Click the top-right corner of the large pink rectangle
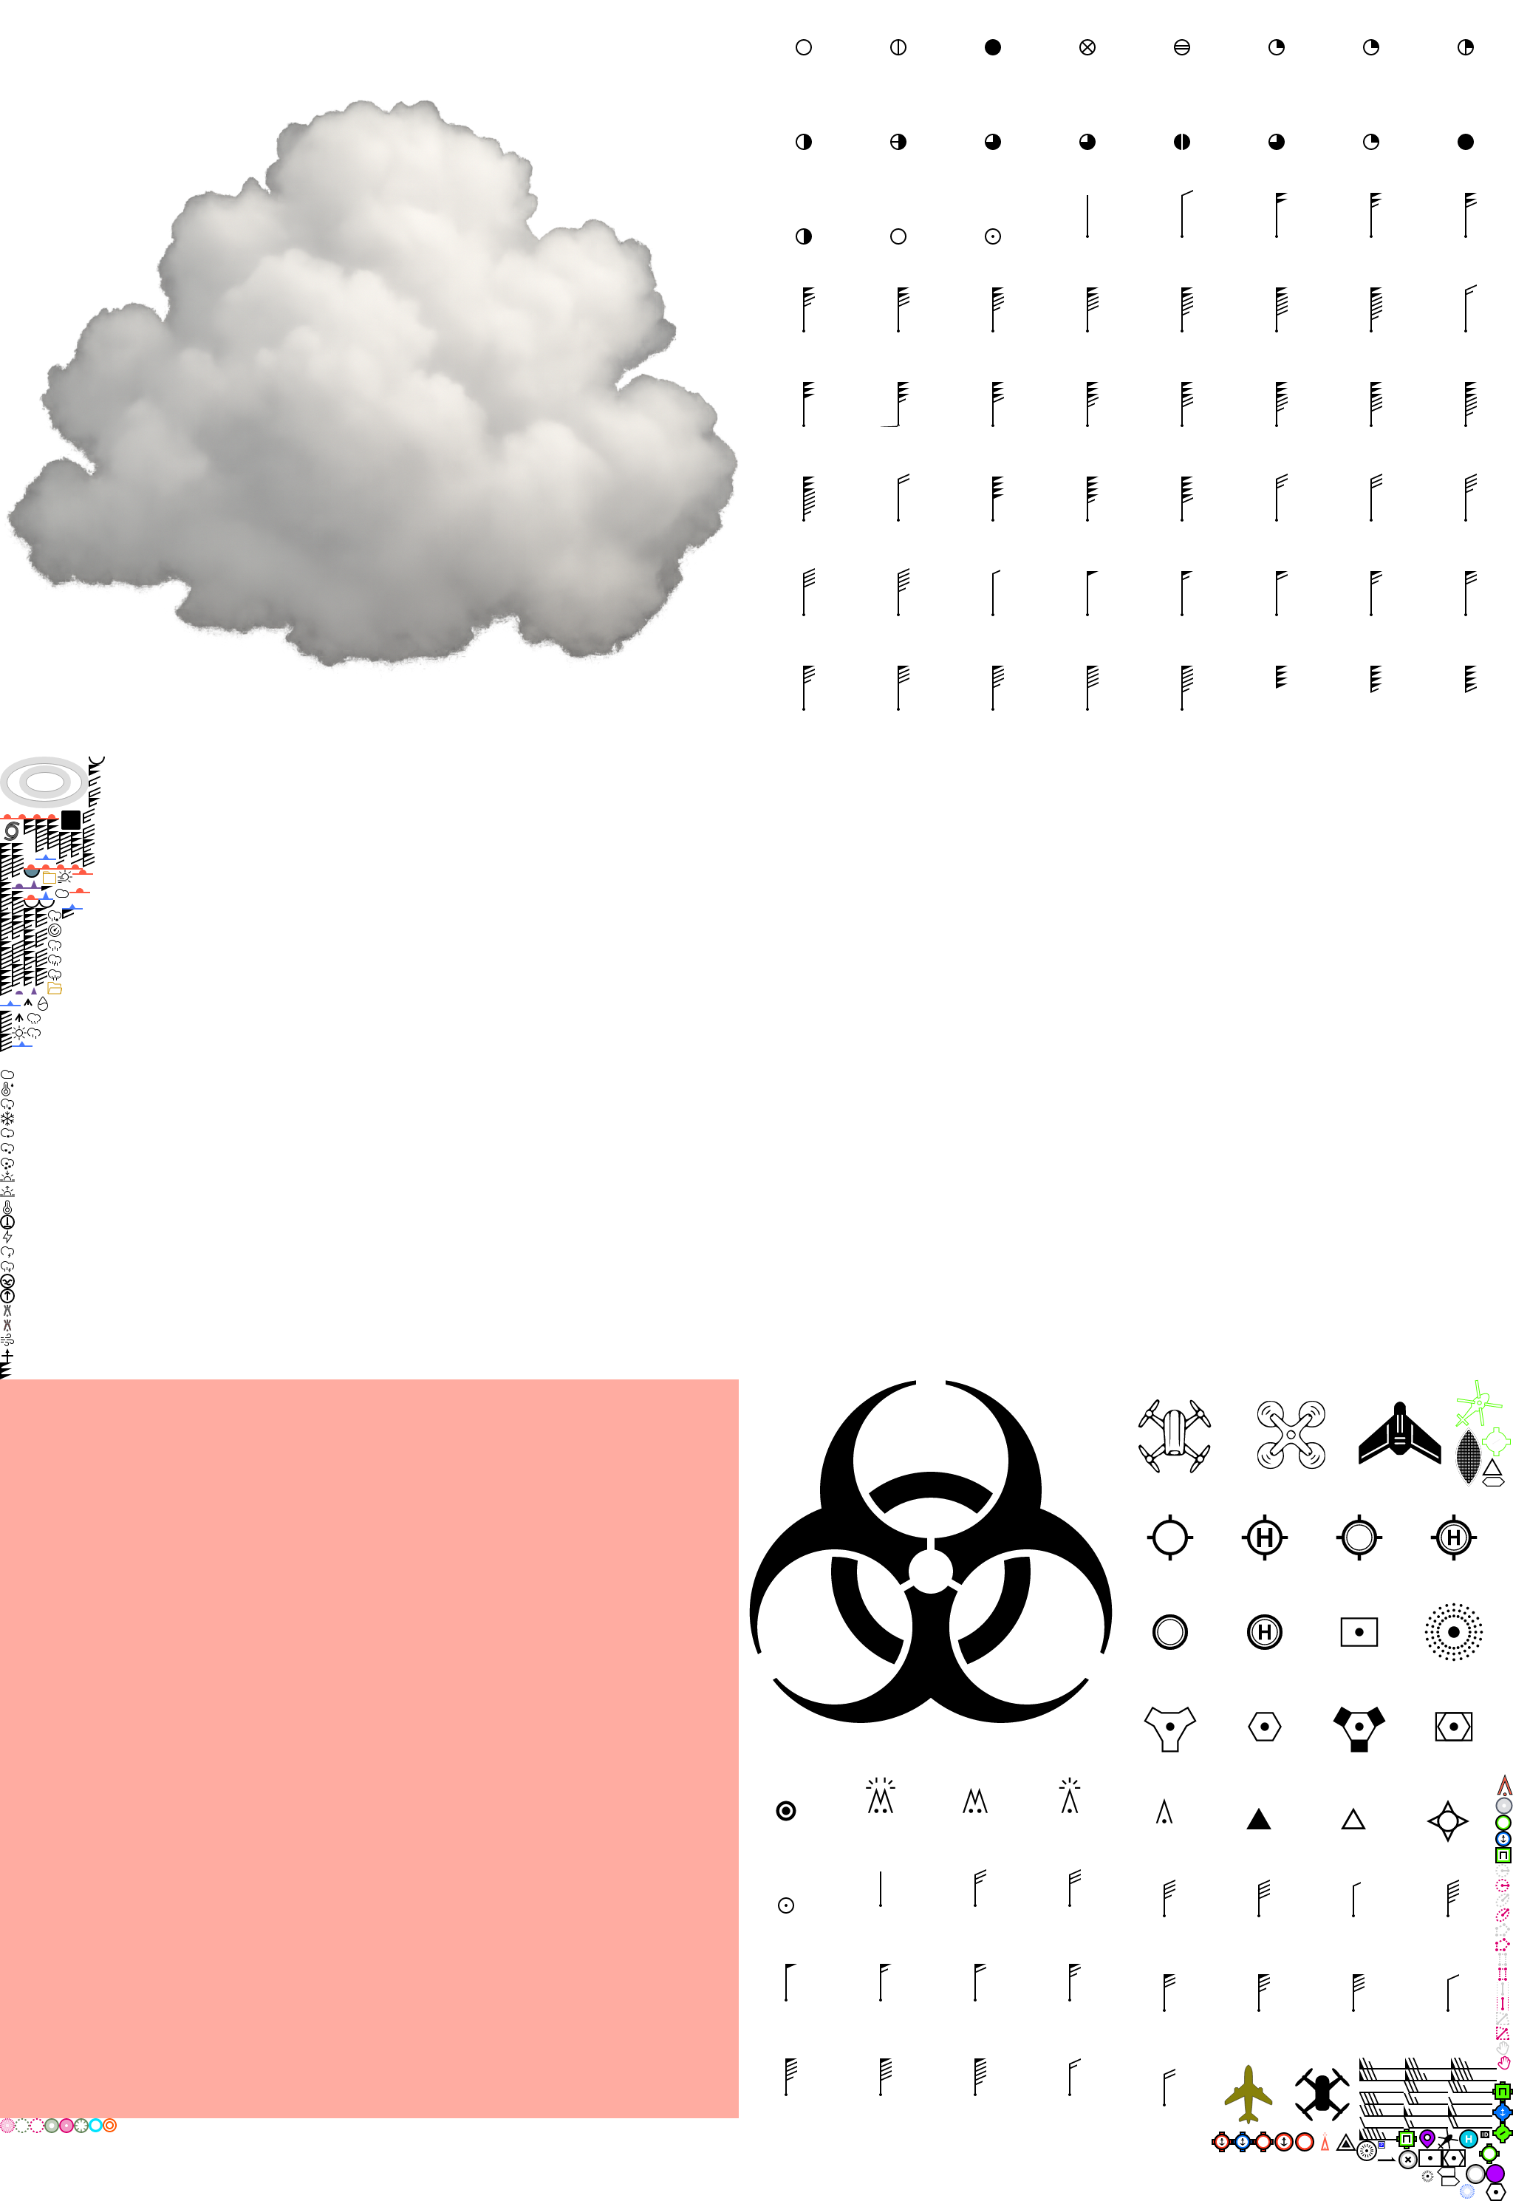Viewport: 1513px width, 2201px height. [739, 1380]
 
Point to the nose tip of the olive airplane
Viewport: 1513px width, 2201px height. [1249, 2066]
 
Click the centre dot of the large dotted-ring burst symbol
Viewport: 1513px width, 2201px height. [1453, 1632]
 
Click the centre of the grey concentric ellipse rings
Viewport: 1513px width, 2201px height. [44, 782]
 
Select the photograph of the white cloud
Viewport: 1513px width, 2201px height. [372, 381]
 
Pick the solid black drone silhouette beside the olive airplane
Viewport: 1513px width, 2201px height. [1322, 2093]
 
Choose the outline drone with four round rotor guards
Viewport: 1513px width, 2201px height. [1291, 1435]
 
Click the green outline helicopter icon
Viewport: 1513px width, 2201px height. [1479, 1404]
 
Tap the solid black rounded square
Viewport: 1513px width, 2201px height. [71, 820]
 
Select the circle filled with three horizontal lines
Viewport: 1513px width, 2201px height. [1182, 47]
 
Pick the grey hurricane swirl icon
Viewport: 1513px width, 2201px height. [11, 831]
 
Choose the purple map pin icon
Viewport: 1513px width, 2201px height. [1428, 2137]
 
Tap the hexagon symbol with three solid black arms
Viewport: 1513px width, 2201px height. [1359, 1727]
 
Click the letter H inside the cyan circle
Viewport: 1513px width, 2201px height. [1469, 2138]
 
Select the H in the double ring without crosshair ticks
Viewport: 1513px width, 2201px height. [1265, 1632]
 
